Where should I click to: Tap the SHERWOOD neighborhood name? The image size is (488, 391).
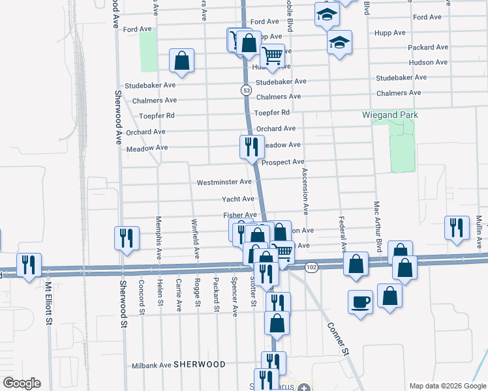200,364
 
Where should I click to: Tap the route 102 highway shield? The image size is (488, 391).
311,268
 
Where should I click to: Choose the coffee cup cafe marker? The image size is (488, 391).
361,302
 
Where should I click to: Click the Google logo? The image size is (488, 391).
22,383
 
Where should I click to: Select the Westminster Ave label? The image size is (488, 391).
224,182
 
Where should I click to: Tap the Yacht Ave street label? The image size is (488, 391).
237,199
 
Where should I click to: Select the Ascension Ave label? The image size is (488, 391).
304,191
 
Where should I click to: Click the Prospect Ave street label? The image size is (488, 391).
283,162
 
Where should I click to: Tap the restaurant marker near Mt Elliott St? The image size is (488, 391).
28,265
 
